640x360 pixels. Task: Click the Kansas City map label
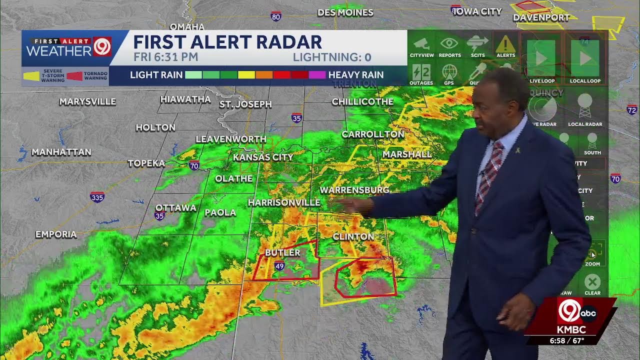(x=263, y=157)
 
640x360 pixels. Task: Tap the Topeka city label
(x=146, y=163)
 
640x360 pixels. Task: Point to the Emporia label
(x=56, y=234)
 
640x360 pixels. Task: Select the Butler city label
(x=282, y=252)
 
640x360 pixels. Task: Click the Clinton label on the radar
(x=353, y=236)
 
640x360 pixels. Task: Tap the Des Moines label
(x=345, y=12)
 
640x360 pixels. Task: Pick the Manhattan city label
(x=61, y=151)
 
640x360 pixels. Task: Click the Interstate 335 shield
(x=97, y=197)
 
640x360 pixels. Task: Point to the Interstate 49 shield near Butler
(x=279, y=266)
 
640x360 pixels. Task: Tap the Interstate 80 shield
(x=276, y=16)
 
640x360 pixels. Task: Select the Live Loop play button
(x=541, y=58)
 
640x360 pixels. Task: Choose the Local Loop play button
(x=584, y=58)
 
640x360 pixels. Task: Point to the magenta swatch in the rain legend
(x=317, y=75)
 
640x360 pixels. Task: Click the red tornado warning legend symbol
(x=74, y=76)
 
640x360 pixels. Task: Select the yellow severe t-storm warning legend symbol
(x=32, y=76)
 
